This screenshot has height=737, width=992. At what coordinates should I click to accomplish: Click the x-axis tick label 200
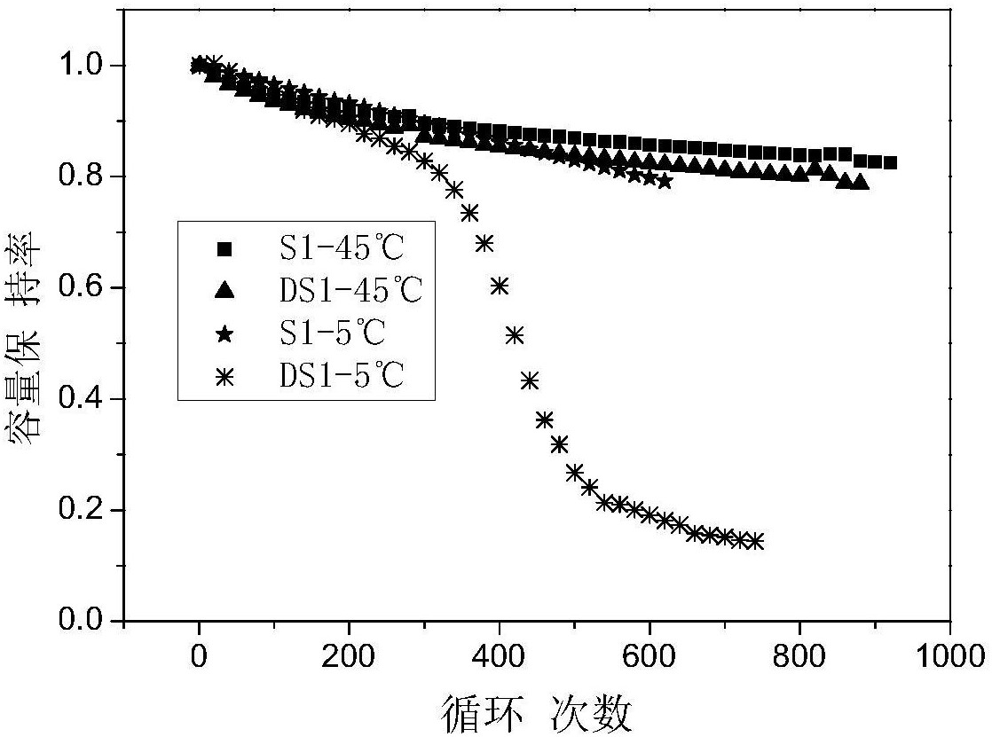click(349, 656)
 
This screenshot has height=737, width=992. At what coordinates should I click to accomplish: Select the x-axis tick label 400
click(500, 656)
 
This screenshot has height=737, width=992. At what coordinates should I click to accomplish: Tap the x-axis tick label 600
click(650, 656)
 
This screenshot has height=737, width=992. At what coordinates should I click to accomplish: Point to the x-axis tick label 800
click(800, 656)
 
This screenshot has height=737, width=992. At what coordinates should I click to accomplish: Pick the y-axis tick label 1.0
click(84, 67)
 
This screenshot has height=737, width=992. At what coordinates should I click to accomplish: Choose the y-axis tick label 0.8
click(84, 177)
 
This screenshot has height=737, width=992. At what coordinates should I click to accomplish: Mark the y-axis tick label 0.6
click(84, 288)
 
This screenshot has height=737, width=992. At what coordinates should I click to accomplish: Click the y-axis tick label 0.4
click(84, 400)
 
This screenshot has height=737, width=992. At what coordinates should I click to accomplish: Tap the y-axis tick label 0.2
click(84, 511)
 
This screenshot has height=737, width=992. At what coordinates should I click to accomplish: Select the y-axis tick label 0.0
click(84, 621)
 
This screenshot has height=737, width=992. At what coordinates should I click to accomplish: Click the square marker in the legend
click(225, 250)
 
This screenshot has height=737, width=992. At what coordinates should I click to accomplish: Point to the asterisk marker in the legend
click(225, 377)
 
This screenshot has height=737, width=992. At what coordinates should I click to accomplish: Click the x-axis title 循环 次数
click(536, 711)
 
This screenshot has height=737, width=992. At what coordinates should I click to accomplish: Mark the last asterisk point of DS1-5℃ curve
click(755, 541)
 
